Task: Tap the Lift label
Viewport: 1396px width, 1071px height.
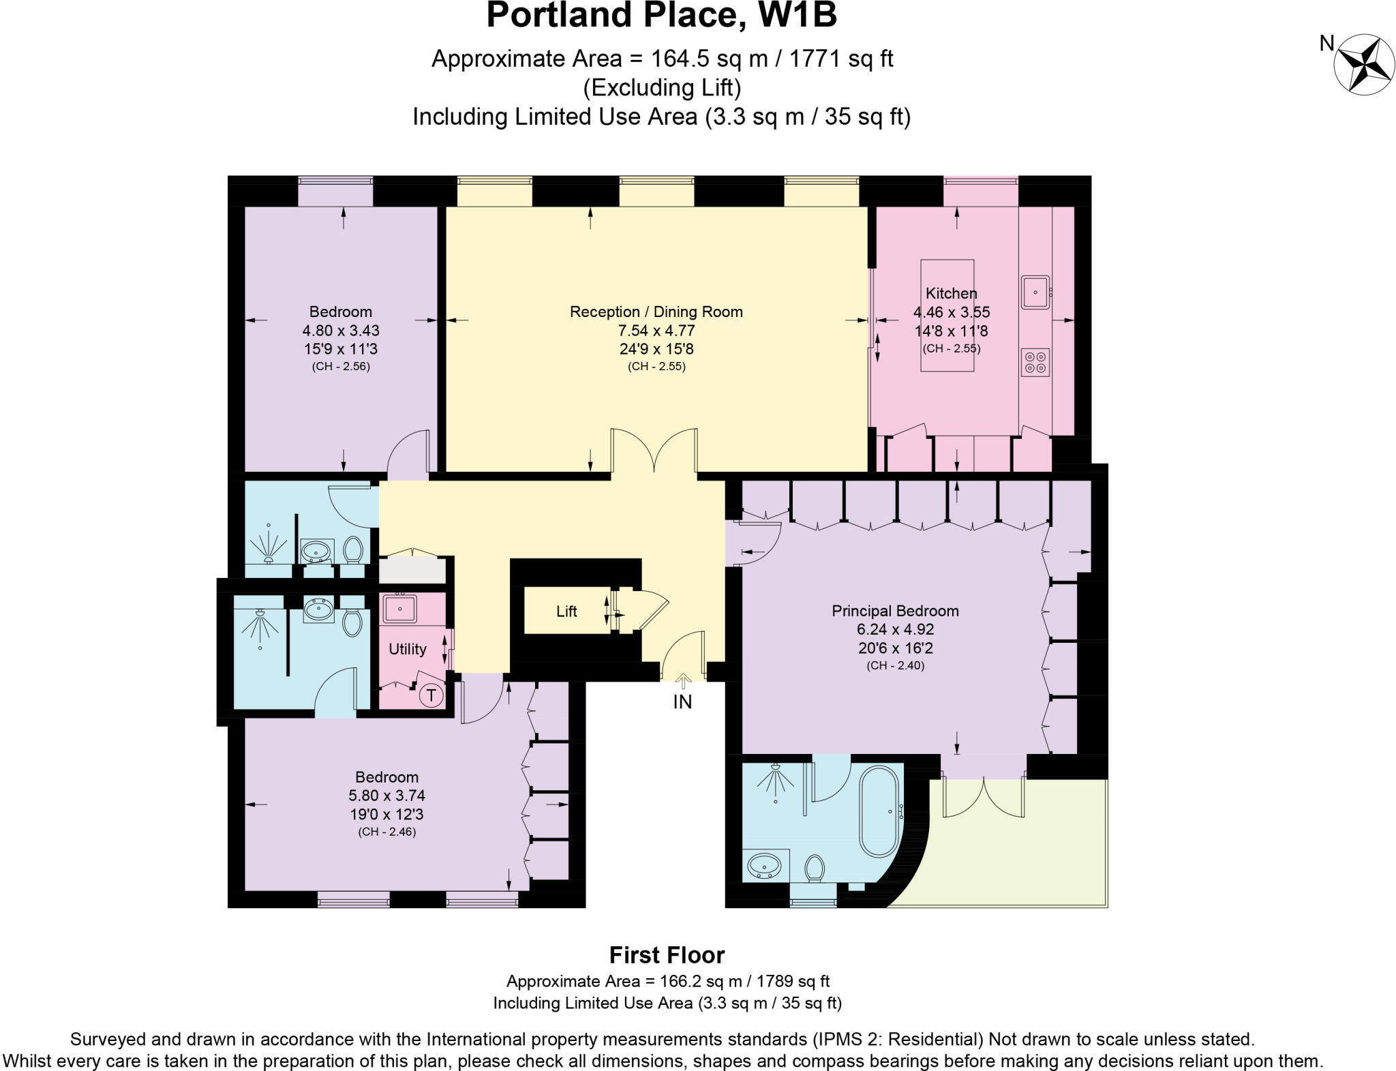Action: [x=566, y=612]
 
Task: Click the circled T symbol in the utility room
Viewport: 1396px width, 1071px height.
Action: [x=431, y=696]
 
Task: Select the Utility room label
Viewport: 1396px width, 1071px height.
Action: [x=408, y=649]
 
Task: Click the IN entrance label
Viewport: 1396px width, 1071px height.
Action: [x=682, y=702]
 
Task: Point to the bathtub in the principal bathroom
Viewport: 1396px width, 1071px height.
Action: [x=881, y=812]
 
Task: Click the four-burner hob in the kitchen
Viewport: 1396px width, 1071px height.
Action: [x=1035, y=362]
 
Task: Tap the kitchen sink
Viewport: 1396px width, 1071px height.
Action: [x=1035, y=292]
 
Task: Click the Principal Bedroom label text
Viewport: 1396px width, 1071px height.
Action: [x=895, y=611]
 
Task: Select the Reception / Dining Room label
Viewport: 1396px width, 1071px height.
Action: [x=656, y=312]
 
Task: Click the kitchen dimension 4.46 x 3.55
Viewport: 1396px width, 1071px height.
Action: [x=951, y=312]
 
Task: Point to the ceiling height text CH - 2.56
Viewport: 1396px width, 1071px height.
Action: [x=341, y=366]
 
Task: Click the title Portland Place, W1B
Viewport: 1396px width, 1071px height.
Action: [x=661, y=16]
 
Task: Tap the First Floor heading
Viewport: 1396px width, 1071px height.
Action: [x=667, y=955]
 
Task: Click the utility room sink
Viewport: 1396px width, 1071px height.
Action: [x=399, y=607]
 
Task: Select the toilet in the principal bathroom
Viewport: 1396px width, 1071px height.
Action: [x=815, y=869]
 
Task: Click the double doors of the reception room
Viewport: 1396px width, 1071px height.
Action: [x=654, y=450]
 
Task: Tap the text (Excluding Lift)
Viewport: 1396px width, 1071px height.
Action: [x=661, y=87]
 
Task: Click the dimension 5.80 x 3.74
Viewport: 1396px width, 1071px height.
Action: [x=386, y=796]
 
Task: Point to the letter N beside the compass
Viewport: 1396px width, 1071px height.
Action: [x=1326, y=44]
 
